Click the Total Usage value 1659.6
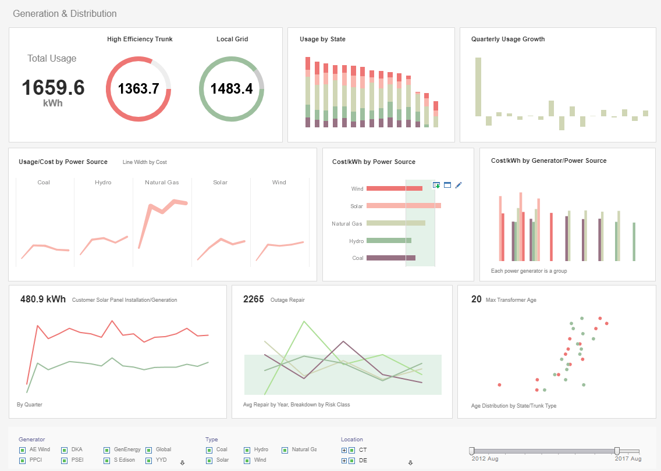pyautogui.click(x=53, y=88)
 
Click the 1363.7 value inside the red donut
pyautogui.click(x=138, y=88)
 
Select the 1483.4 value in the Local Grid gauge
pyautogui.click(x=231, y=88)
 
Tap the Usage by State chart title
pyautogui.click(x=322, y=39)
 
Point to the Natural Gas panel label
pyautogui.click(x=162, y=182)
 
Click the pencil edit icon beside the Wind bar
pyautogui.click(x=459, y=185)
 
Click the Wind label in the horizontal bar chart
pyautogui.click(x=357, y=189)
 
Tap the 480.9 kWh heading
pyautogui.click(x=43, y=299)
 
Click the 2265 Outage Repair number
pyautogui.click(x=253, y=299)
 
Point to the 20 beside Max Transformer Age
pyautogui.click(x=476, y=299)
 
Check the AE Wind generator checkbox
pyautogui.click(x=22, y=450)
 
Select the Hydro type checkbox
pyautogui.click(x=247, y=450)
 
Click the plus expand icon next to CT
pyautogui.click(x=344, y=450)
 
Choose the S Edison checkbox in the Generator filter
pyautogui.click(x=107, y=461)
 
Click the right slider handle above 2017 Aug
pyautogui.click(x=617, y=451)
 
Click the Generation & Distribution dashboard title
pyautogui.click(x=65, y=13)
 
